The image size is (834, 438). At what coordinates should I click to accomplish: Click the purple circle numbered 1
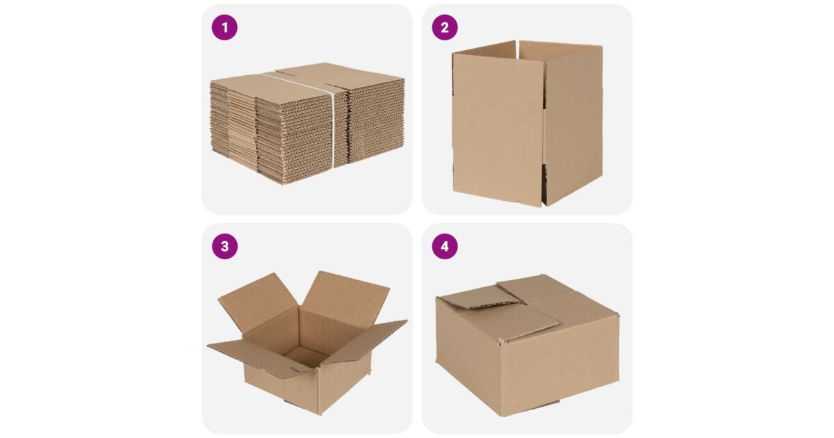click(224, 28)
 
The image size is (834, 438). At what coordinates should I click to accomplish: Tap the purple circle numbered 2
click(445, 28)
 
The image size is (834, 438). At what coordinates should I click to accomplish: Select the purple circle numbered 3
click(224, 247)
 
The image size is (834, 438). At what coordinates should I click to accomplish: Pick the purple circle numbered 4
click(445, 247)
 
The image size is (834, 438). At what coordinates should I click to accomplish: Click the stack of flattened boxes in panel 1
click(307, 123)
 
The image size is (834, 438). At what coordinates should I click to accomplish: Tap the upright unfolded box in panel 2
click(528, 123)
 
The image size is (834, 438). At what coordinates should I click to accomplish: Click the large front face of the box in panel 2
click(498, 129)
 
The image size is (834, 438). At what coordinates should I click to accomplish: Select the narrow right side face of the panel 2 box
click(573, 124)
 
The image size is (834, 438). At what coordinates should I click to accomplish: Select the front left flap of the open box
click(261, 358)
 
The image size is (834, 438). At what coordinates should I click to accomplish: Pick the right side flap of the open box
click(365, 341)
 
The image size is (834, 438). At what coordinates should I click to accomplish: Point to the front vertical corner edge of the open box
click(318, 391)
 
